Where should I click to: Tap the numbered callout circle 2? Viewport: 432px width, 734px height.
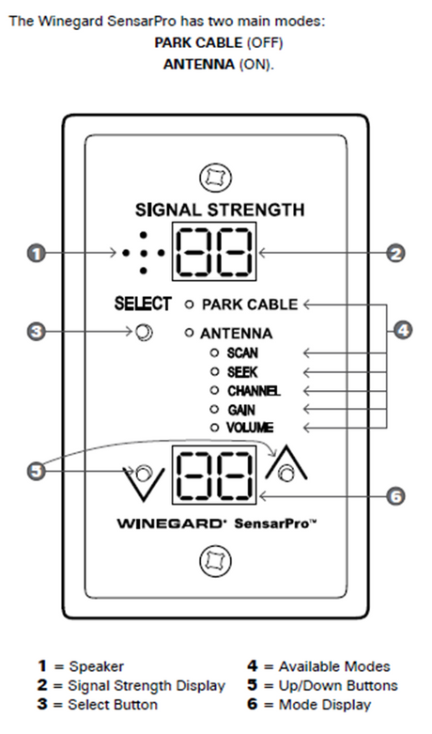[x=396, y=253]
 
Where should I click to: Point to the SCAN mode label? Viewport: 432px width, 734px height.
[x=241, y=352]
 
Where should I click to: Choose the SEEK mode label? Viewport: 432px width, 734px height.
[x=241, y=371]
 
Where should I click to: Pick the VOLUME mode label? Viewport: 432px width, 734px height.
[x=250, y=428]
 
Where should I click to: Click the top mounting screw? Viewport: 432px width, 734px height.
[x=215, y=177]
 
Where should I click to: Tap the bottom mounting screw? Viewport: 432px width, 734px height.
[x=215, y=562]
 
